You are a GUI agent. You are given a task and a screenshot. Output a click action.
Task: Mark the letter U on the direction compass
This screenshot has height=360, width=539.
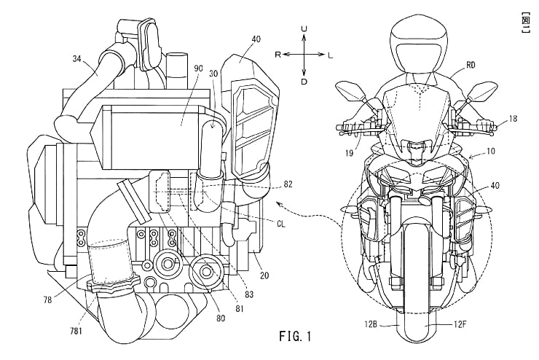tap(304, 28)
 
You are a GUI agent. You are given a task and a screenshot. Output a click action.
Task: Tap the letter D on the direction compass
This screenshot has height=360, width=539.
tap(304, 82)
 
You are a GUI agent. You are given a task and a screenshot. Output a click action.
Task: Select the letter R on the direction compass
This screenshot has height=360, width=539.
tap(278, 55)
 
